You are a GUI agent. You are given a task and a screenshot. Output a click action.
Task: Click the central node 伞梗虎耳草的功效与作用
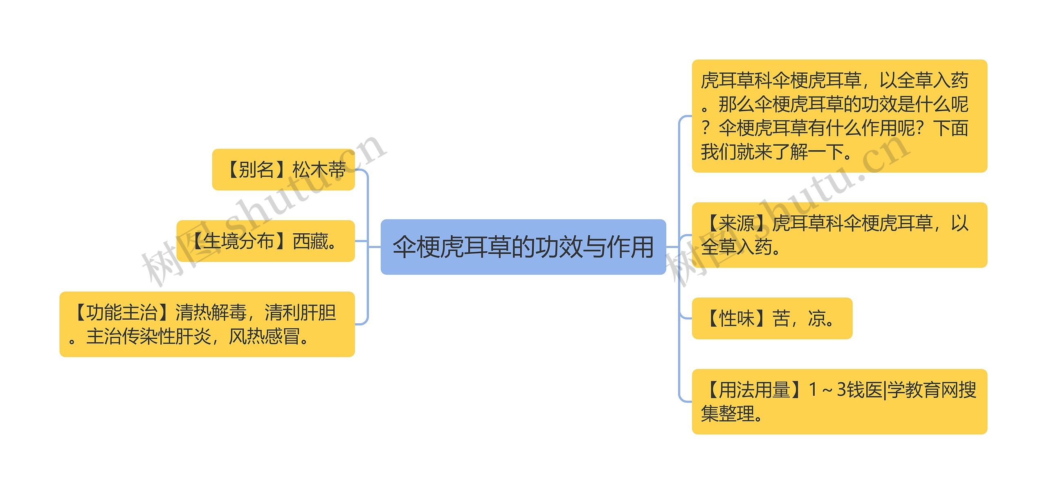tap(523, 247)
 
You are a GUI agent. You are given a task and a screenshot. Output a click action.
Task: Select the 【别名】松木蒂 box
tap(283, 169)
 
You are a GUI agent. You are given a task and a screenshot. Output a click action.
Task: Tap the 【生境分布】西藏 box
tap(265, 241)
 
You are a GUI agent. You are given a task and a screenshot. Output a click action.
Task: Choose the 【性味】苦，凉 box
tap(772, 318)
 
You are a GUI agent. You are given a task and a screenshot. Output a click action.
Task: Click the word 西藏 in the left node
tap(310, 241)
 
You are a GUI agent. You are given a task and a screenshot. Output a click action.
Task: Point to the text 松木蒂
tap(319, 169)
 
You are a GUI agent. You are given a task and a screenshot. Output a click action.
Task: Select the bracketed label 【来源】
tap(736, 223)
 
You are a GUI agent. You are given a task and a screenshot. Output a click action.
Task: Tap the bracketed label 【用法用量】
tap(754, 390)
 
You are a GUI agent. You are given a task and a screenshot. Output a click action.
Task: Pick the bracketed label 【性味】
tap(736, 318)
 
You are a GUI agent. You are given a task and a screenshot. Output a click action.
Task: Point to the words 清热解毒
tap(211, 313)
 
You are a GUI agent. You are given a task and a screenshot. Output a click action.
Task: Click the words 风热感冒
tap(264, 337)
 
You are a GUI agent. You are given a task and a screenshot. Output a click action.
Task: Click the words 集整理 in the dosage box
tap(728, 413)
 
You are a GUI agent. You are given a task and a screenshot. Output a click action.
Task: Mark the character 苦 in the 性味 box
tap(781, 318)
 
